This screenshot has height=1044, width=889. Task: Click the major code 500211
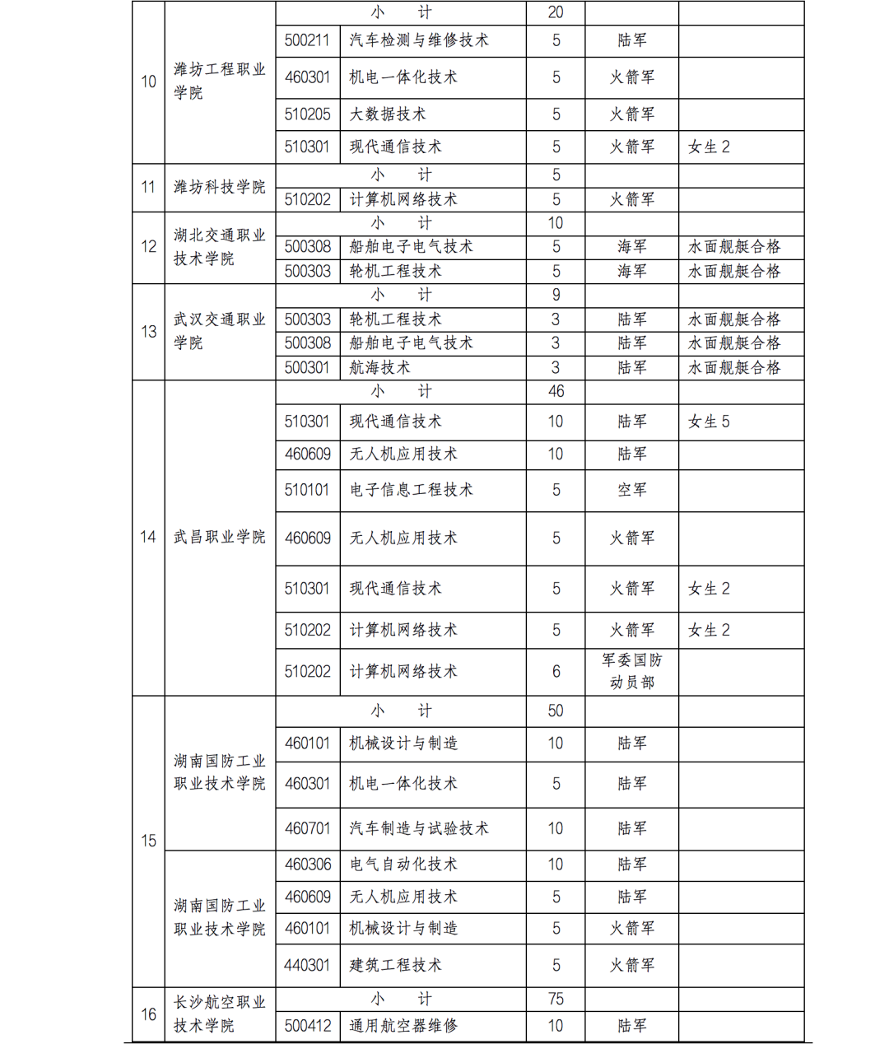click(307, 40)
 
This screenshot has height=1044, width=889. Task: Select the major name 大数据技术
click(387, 114)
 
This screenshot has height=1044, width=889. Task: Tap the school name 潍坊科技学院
click(219, 188)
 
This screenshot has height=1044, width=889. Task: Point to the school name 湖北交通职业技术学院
click(219, 247)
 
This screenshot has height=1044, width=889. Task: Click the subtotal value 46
click(556, 392)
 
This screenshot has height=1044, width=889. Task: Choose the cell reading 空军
click(631, 490)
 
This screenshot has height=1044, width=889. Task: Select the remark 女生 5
click(709, 422)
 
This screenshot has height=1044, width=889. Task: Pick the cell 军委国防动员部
click(631, 671)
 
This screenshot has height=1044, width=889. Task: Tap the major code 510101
click(307, 490)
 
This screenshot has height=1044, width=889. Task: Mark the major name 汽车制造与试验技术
click(418, 828)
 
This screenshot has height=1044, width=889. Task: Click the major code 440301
click(307, 965)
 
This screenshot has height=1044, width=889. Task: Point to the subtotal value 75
click(556, 1000)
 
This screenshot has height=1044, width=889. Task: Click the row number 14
click(148, 537)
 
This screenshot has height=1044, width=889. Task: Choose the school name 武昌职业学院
click(219, 537)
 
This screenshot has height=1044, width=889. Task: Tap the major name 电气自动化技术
click(403, 865)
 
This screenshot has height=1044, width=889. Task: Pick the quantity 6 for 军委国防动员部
click(556, 672)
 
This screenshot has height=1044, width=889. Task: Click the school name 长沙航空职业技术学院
click(219, 1014)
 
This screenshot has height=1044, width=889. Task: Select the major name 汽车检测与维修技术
click(418, 40)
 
